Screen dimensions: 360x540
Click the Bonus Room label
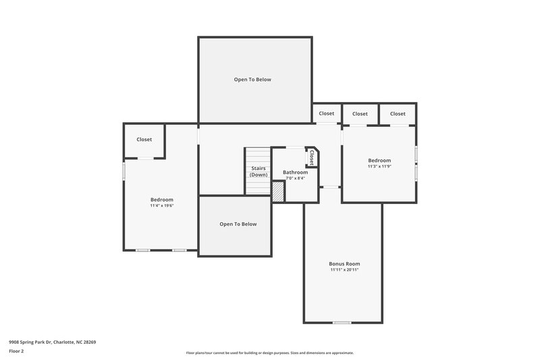(344, 263)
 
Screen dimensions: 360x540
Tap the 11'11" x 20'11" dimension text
(344, 269)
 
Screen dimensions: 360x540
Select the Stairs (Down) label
(259, 172)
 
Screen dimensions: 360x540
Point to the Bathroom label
(295, 172)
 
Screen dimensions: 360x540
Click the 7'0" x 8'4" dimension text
(295, 178)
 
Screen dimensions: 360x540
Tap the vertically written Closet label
(312, 157)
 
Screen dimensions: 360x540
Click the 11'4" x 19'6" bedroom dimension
(162, 205)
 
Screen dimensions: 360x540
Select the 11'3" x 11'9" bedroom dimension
(379, 166)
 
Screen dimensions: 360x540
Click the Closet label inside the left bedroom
(144, 139)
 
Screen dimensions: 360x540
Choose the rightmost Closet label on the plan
(398, 113)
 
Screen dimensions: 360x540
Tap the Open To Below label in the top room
(252, 79)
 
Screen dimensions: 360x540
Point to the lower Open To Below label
(238, 224)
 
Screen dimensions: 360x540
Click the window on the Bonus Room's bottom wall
(342, 322)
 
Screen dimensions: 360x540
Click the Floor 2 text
(16, 351)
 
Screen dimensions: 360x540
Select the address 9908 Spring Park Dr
(52, 342)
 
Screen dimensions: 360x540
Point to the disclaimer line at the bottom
(269, 353)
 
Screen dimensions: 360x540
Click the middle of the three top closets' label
(360, 113)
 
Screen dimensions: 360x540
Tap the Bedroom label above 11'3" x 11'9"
(379, 160)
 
